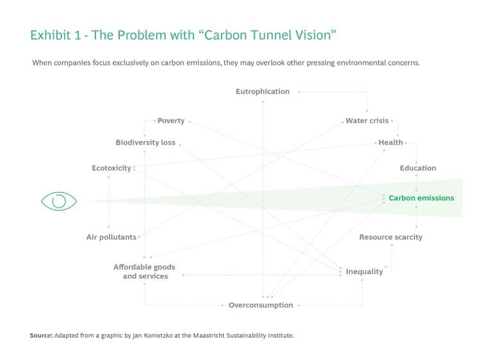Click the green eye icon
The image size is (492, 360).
point(59,201)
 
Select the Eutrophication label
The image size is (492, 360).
point(263,92)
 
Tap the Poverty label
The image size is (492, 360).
point(171,120)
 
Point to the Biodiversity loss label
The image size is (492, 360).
point(145,142)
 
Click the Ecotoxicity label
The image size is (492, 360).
point(111,168)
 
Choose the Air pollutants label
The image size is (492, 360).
point(111,237)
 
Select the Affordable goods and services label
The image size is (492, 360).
point(145,272)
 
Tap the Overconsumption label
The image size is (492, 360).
point(261,305)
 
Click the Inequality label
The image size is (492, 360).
point(365,272)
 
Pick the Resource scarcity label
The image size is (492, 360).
point(391,237)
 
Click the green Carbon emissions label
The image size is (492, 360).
point(421,198)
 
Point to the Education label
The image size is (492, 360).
point(418,168)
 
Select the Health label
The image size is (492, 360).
point(391,142)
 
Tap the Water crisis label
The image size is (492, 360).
point(367,120)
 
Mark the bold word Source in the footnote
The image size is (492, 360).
point(40,335)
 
